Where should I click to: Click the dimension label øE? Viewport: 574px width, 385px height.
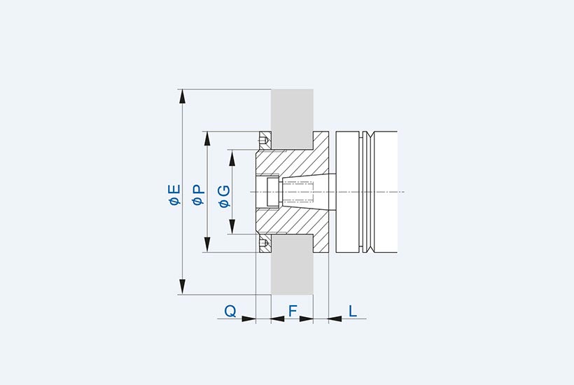(175, 195)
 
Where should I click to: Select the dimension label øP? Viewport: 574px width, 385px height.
(198, 195)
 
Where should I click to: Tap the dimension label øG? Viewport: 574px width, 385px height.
(225, 197)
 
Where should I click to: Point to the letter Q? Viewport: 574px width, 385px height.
(230, 311)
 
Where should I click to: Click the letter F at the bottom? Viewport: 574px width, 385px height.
(293, 311)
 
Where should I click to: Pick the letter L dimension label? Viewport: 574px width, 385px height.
(353, 311)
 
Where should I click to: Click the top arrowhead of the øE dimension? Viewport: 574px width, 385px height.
(182, 97)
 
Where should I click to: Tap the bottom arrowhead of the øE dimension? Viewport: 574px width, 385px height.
(182, 287)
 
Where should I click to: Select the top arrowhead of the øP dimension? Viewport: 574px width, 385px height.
(207, 139)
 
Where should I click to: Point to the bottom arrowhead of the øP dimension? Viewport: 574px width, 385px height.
(207, 245)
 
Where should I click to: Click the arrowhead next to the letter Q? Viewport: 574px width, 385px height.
(248, 318)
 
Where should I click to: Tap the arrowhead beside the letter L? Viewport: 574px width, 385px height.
(335, 318)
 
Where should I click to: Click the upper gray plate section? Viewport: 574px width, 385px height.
(292, 119)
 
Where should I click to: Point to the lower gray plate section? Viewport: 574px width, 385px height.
(292, 265)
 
